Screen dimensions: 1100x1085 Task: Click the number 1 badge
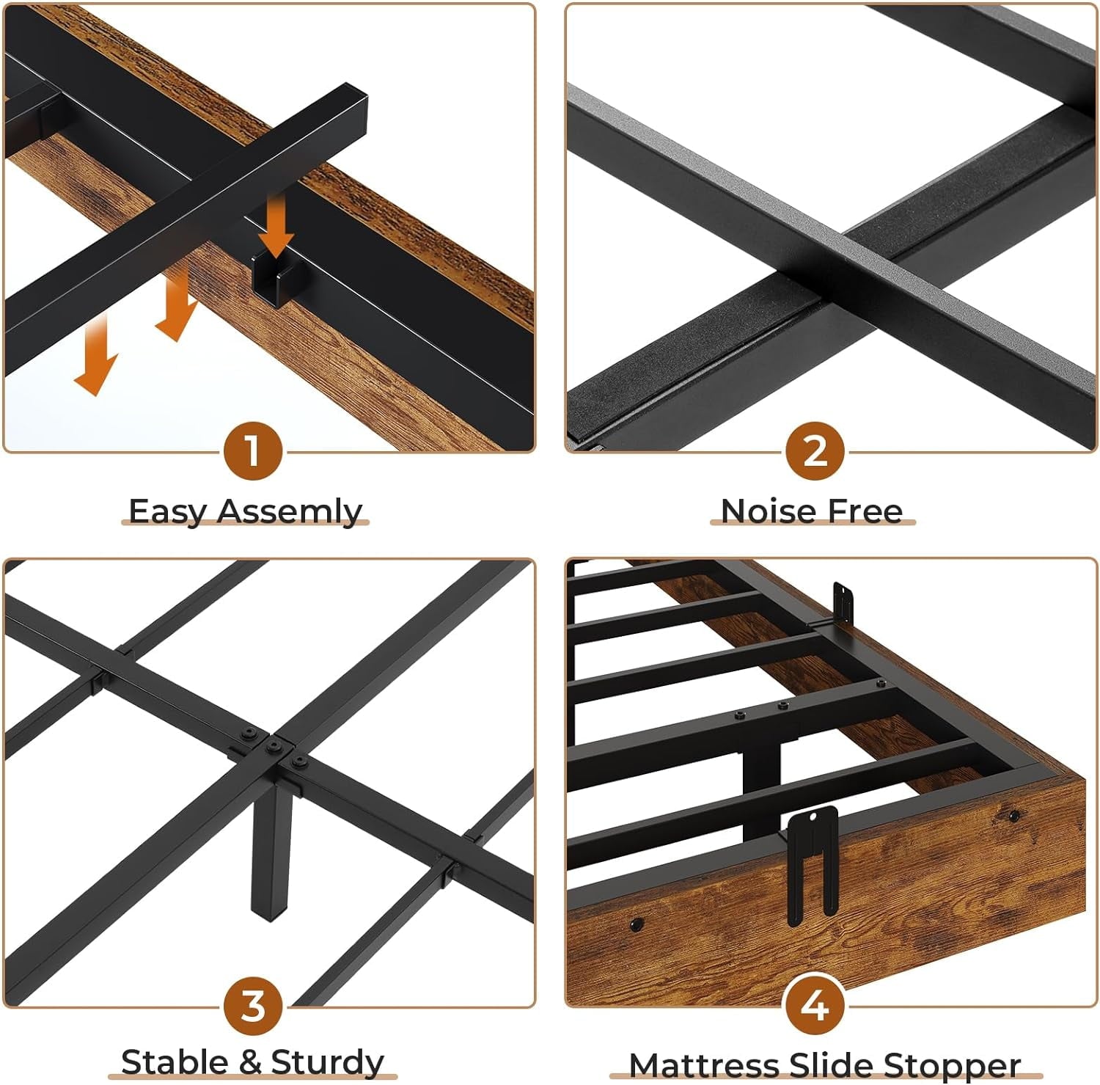[252, 450]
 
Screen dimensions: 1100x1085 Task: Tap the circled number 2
[814, 450]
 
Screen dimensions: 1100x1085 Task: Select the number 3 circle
[252, 1006]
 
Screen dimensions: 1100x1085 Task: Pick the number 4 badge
[814, 1006]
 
